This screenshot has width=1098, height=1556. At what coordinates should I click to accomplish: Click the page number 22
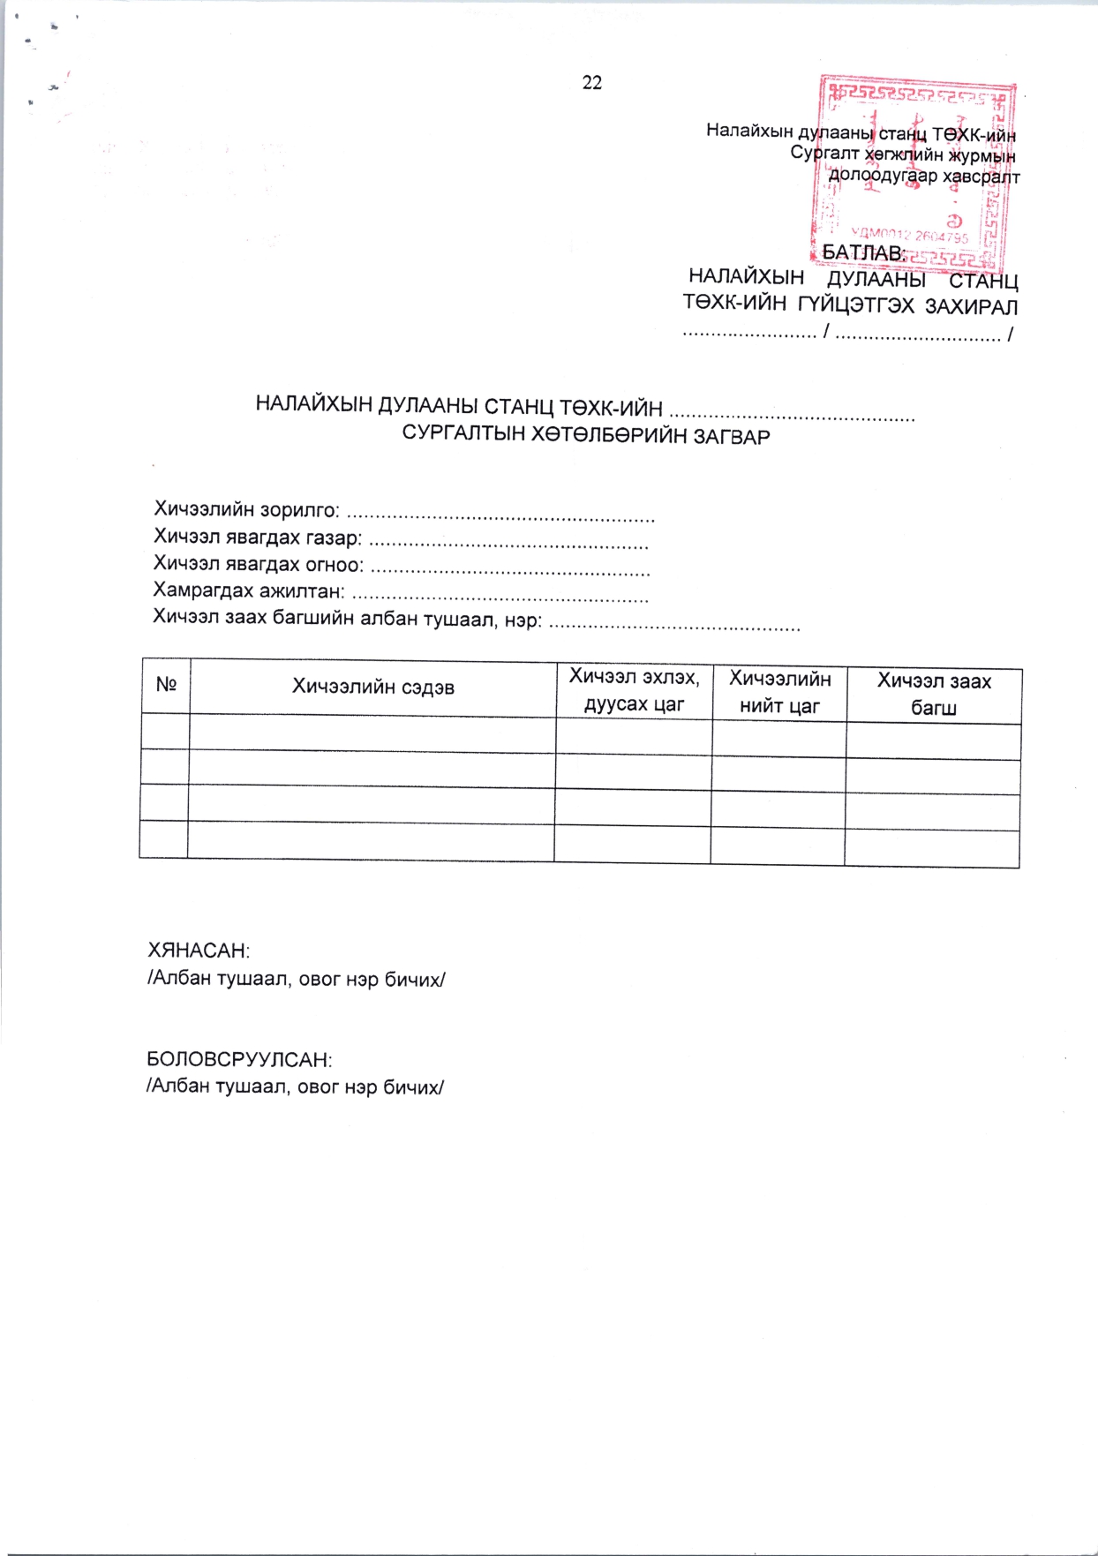pos(592,83)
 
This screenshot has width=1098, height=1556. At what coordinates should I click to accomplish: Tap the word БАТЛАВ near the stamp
pos(864,253)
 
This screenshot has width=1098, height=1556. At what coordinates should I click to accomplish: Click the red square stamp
pos(914,172)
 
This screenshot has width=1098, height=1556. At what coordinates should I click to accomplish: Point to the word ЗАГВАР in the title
pos(732,436)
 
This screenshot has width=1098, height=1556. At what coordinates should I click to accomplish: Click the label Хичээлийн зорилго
pos(246,509)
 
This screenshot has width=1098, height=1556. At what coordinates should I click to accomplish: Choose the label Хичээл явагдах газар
pos(257,537)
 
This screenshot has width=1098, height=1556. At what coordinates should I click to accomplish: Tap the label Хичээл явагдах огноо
pos(258,564)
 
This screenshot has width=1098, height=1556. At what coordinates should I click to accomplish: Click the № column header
pos(166,685)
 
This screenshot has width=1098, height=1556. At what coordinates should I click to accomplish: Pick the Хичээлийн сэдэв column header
pos(373,687)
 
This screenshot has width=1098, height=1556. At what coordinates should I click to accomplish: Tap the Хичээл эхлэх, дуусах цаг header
pos(634,690)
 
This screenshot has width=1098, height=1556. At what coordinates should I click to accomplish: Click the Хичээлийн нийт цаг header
pos(779,692)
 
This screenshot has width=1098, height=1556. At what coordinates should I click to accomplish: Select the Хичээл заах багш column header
pos(934,694)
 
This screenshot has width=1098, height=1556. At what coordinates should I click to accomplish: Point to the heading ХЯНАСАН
pos(199,951)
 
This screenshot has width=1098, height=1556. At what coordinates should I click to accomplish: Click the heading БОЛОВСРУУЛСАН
pos(239,1059)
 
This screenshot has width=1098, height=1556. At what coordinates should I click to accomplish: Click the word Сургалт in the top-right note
pos(824,154)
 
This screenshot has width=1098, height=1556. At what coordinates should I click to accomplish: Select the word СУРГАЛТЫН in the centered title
pos(463,434)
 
